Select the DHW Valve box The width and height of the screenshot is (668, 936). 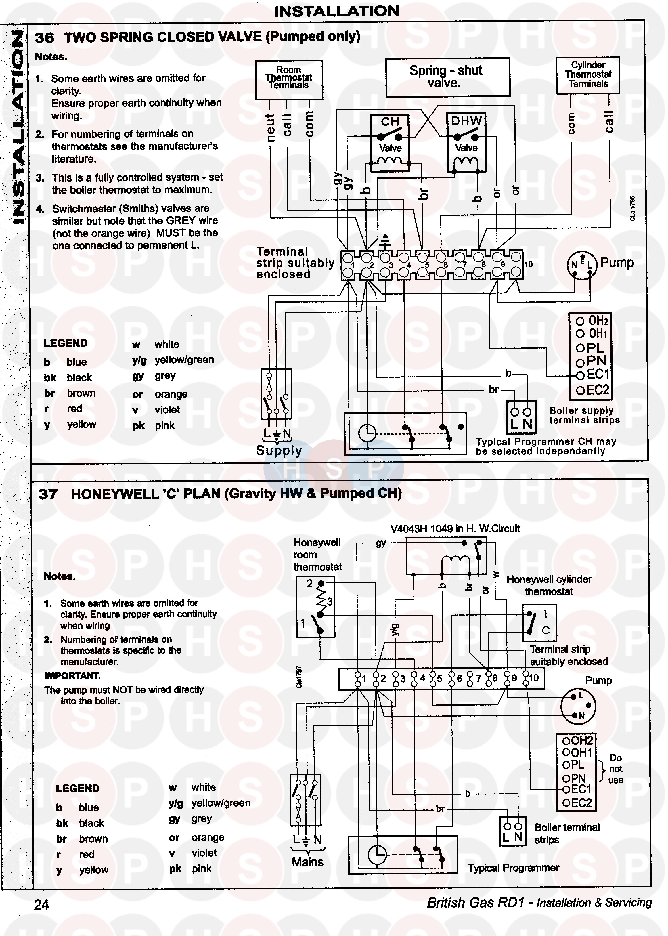click(x=466, y=142)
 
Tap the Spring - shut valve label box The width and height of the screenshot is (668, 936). click(x=447, y=77)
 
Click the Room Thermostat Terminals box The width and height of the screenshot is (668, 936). click(x=289, y=79)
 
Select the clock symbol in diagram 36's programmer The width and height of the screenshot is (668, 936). click(x=367, y=433)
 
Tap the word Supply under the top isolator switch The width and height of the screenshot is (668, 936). click(x=279, y=450)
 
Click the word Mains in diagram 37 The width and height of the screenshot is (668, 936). click(x=308, y=861)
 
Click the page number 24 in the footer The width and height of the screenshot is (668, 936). click(x=41, y=905)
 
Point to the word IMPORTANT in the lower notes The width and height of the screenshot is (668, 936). click(x=72, y=676)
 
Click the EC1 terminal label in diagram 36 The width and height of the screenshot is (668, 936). click(x=598, y=375)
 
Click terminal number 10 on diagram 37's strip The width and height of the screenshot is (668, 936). click(x=533, y=678)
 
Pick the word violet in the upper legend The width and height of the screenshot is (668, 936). click(x=167, y=410)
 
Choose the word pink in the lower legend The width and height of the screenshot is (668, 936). click(x=202, y=868)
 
